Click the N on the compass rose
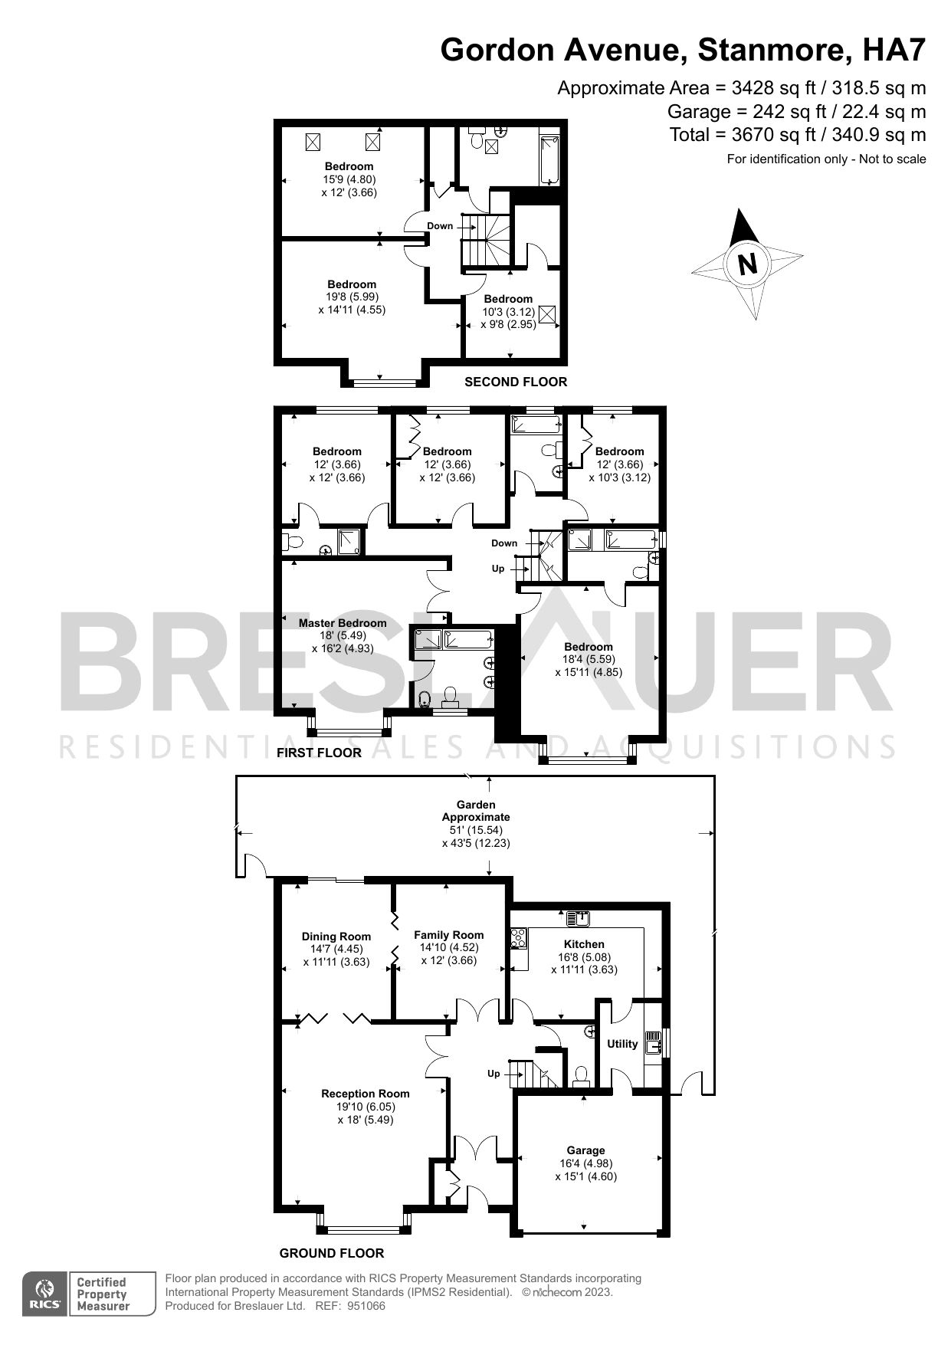746,264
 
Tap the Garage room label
585,1150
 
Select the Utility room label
622,1043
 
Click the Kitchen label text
584,944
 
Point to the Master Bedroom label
343,623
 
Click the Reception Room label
366,1094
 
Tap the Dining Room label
336,936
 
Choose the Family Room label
449,934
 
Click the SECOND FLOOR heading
516,382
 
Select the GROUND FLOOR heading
331,1253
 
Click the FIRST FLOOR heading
319,753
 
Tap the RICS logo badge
46,1294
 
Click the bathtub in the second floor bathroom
549,159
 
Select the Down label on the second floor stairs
440,225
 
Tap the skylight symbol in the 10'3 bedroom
548,315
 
